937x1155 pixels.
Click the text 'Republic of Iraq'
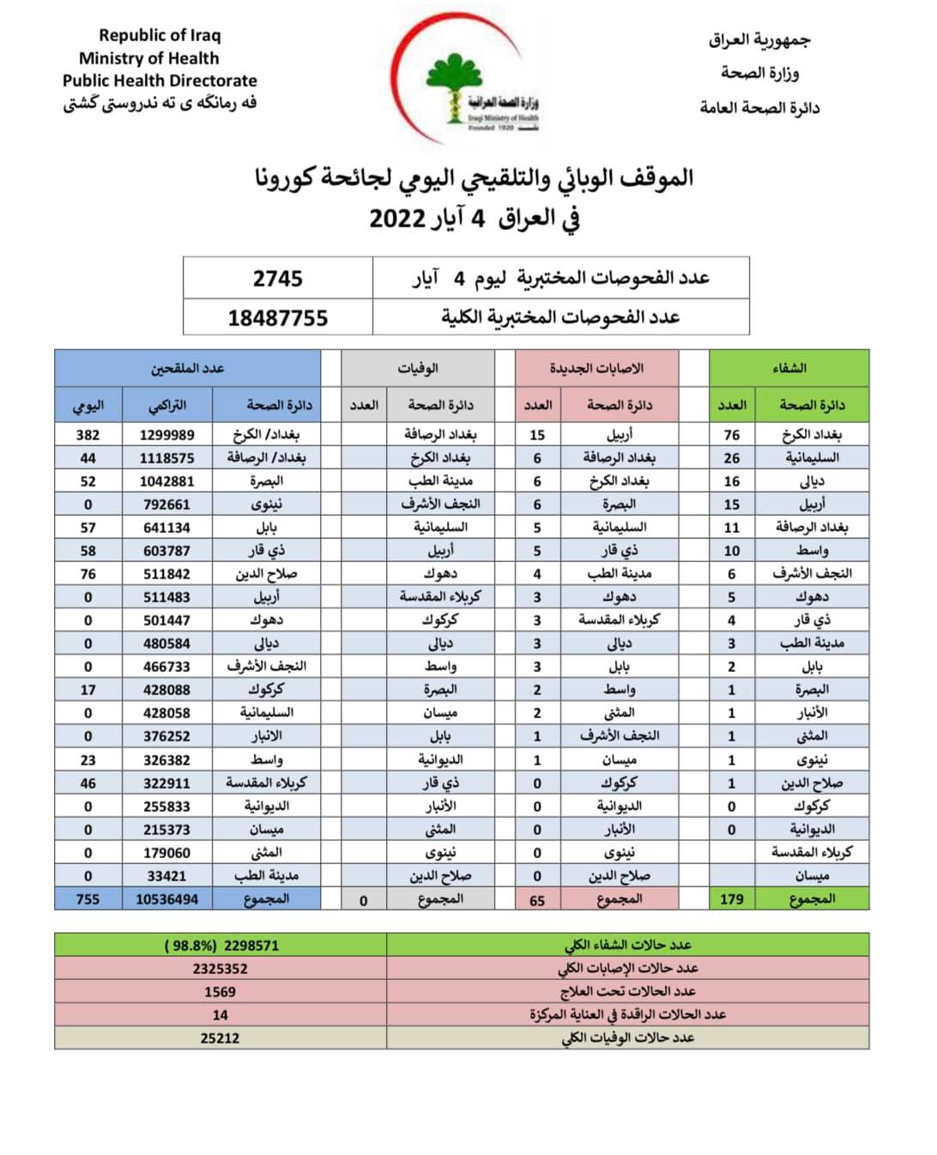pos(160,35)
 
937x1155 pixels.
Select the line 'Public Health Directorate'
pos(160,81)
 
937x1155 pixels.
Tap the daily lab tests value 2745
pos(277,279)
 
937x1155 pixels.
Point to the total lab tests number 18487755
pos(277,318)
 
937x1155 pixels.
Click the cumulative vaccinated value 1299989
pos(167,435)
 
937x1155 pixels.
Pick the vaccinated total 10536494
pos(167,899)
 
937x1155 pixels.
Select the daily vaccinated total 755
pos(88,899)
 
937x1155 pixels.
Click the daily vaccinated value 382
pos(88,435)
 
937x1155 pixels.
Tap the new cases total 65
pos(537,900)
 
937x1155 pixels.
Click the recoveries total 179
pos(731,899)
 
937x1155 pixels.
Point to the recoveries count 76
pos(731,435)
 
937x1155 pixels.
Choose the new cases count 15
pos(537,435)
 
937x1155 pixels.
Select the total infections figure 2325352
pos(221,968)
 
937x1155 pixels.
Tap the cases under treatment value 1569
pos(221,991)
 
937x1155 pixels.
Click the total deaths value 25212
pos(221,1038)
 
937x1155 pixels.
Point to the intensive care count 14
pos(221,1015)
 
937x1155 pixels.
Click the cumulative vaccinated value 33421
pos(167,876)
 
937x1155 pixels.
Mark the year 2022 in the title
pos(397,218)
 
